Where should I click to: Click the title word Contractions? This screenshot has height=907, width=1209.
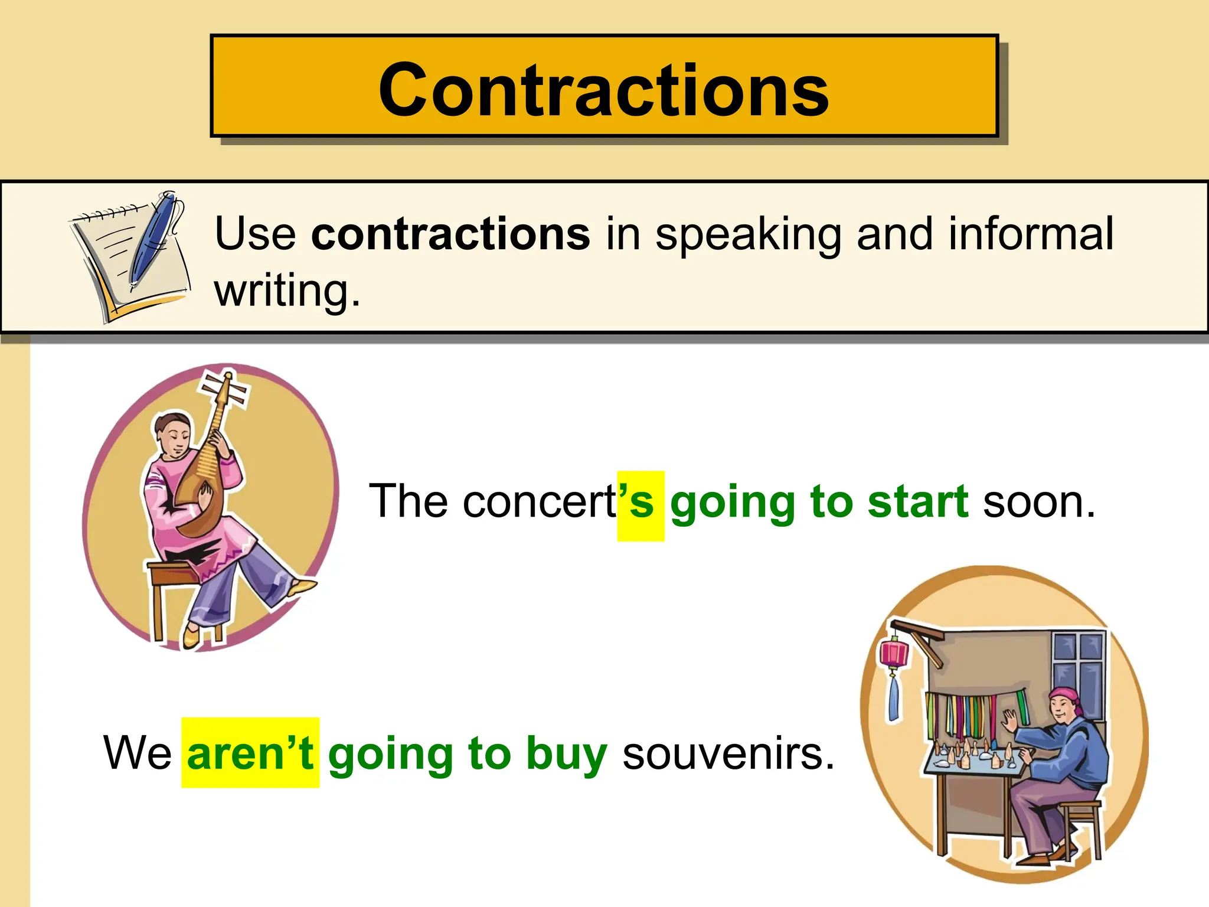604,90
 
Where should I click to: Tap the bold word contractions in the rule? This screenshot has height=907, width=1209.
450,234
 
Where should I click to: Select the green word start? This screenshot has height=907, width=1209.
917,502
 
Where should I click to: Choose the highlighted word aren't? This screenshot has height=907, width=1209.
250,753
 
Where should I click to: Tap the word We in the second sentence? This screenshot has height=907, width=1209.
138,753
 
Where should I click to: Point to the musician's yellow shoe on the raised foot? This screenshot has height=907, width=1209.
303,587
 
